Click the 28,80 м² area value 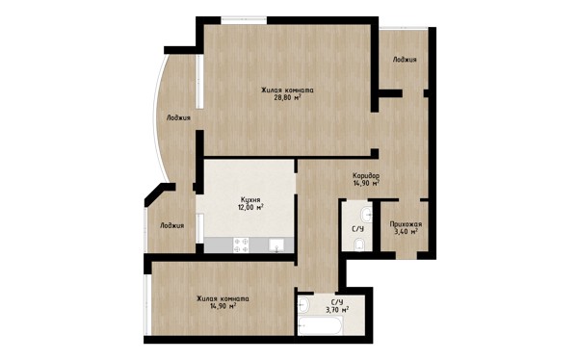pos(287,97)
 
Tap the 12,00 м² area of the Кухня pos(250,207)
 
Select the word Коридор pos(366,175)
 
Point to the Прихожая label pos(406,224)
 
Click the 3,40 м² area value pos(407,232)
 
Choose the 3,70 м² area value pos(337,310)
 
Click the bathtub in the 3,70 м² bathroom pos(321,325)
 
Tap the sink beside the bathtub pos(303,305)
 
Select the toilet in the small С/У pos(359,244)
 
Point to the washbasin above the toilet pos(366,213)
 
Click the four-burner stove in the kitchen pos(241,245)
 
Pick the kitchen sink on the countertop pos(276,245)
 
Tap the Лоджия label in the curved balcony pos(178,117)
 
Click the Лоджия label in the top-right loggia pos(405,60)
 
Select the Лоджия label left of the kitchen pos(171,225)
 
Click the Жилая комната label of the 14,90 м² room pos(223,298)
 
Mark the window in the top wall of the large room pos(244,20)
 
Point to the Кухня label pos(250,199)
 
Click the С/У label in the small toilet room pos(358,229)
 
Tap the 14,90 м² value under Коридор pos(366,183)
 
